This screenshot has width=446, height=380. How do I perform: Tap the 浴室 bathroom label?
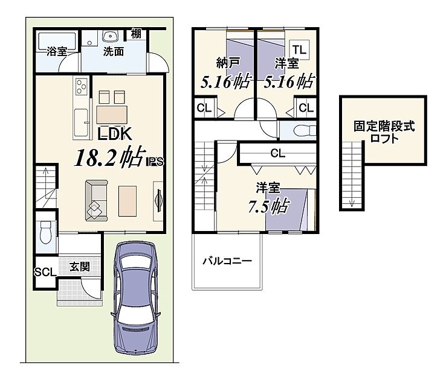pos(57,52)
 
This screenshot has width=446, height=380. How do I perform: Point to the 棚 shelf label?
pos(136,34)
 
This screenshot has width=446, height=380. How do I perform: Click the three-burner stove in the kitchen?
pos(81,86)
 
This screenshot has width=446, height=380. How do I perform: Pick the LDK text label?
pos(114,134)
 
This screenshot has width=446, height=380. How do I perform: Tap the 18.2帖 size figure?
pos(110,157)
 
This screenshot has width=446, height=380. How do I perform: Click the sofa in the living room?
pos(96,200)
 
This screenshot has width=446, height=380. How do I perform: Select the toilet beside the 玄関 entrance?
pos(45,232)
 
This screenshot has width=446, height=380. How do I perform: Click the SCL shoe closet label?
pos(45,272)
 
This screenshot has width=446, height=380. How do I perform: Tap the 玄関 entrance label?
pos(80,267)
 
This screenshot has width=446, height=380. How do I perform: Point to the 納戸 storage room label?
pos(228,63)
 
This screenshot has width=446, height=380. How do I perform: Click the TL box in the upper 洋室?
pos(300,50)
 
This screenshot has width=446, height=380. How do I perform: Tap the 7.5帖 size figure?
pos(269,207)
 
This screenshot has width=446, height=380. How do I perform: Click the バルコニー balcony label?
pos(228,261)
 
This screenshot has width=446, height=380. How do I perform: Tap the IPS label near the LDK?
pos(155,162)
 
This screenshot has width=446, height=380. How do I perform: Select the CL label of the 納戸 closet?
pos(204,108)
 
